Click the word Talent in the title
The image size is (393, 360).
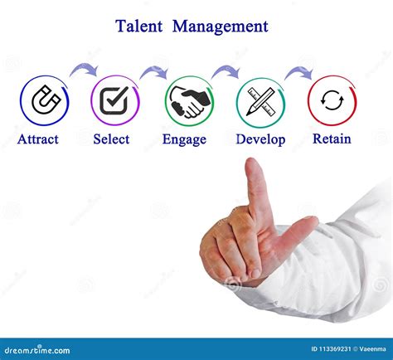(x=139, y=27)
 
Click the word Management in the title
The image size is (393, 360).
(x=220, y=27)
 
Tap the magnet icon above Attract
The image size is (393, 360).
(x=44, y=101)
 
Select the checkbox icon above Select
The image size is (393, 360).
(x=115, y=101)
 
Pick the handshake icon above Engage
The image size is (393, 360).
(x=188, y=101)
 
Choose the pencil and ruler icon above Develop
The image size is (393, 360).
(x=260, y=101)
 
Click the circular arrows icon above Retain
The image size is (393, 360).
(x=332, y=101)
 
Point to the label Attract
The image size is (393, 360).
(x=38, y=139)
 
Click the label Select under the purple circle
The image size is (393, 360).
(x=111, y=139)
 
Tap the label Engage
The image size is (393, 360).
(x=184, y=140)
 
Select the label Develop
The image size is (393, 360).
(x=260, y=139)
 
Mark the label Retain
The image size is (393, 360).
(x=332, y=139)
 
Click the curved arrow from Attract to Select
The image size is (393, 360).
(x=82, y=70)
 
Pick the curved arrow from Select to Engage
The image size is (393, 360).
(x=153, y=72)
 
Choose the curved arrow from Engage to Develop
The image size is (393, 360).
(x=225, y=71)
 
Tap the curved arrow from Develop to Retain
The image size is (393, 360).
(x=298, y=71)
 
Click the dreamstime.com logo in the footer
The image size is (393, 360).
(x=41, y=350)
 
